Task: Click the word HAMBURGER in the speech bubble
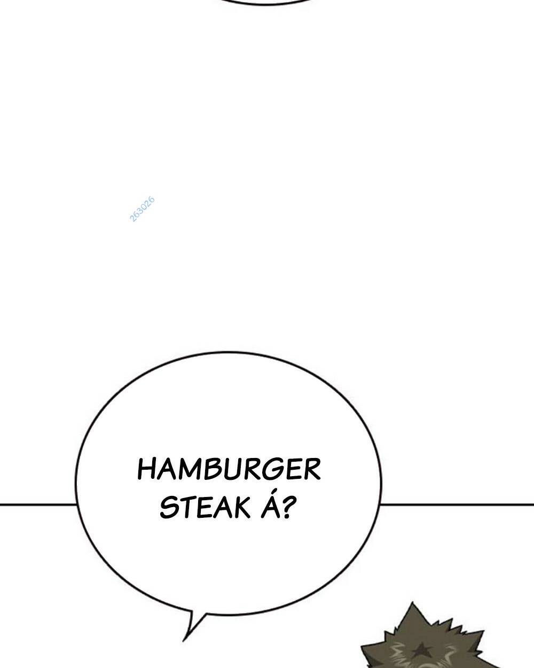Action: pyautogui.click(x=229, y=470)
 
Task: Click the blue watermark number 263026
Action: pyautogui.click(x=142, y=209)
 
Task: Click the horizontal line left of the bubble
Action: pyautogui.click(x=37, y=503)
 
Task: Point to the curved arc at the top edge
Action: pyautogui.click(x=267, y=3)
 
